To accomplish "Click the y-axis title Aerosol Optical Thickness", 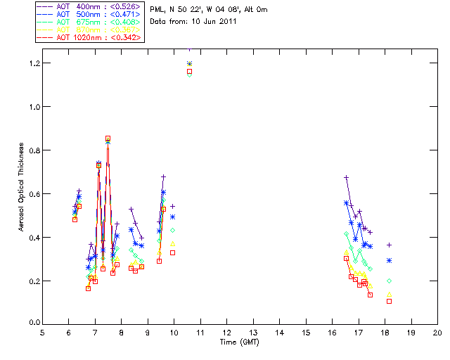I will point(22,181).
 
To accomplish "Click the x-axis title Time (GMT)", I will point(240,342).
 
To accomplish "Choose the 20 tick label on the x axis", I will point(437,334).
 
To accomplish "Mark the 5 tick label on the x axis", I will point(43,334).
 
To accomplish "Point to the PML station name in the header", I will point(157,10).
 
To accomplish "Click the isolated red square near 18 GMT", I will point(389,301).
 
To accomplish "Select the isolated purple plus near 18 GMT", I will point(389,245).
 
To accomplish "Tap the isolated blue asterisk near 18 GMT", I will point(389,260).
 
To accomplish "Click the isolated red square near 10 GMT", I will point(172,252).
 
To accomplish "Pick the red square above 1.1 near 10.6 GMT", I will point(189,71).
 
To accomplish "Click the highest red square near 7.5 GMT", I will point(108,139).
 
